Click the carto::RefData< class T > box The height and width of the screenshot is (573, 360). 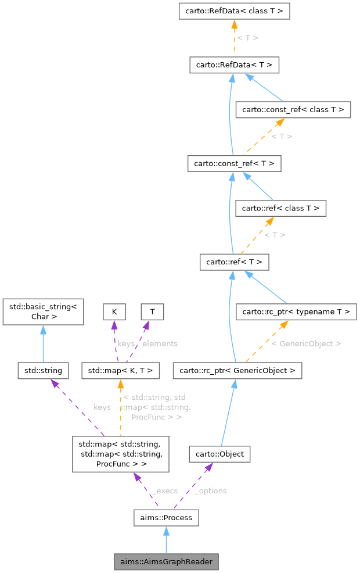click(x=234, y=11)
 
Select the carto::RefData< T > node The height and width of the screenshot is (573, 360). click(x=234, y=65)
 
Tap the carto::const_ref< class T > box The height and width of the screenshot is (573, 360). click(x=293, y=109)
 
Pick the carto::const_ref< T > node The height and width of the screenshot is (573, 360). click(x=234, y=163)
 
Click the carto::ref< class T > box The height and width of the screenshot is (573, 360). click(x=280, y=207)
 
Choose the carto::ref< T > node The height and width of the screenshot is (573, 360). click(x=234, y=262)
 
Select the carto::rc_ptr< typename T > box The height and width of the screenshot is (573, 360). click(x=296, y=311)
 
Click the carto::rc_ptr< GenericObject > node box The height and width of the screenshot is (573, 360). click(x=237, y=370)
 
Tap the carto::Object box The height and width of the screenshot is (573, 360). click(x=219, y=454)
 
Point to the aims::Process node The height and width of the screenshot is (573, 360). click(x=166, y=517)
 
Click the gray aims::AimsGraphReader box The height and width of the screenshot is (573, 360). click(x=166, y=562)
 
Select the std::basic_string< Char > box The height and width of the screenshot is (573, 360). click(x=44, y=311)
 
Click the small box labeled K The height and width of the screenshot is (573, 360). click(x=114, y=311)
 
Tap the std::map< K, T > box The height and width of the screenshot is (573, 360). click(x=121, y=370)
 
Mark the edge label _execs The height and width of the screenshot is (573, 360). click(x=164, y=491)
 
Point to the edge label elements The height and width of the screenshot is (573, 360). click(x=160, y=343)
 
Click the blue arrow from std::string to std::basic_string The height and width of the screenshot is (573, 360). click(x=44, y=343)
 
